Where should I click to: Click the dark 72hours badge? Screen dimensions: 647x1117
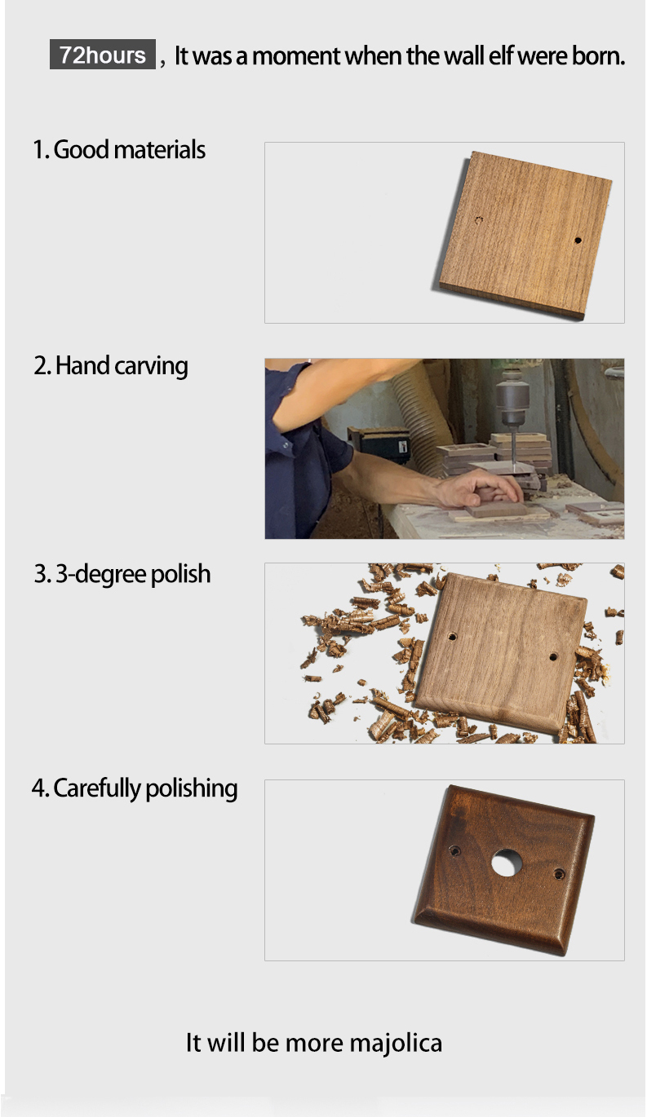point(102,55)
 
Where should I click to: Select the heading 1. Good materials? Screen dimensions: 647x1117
point(119,149)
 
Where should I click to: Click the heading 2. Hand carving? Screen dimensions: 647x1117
point(111,366)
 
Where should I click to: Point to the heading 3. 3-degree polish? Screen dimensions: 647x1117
point(122,574)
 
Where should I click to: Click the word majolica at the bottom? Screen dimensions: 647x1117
point(396,1043)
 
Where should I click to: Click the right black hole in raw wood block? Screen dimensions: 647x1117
point(578,241)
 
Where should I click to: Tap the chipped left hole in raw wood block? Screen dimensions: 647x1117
point(479,220)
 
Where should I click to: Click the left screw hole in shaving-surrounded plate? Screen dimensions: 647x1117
point(453,637)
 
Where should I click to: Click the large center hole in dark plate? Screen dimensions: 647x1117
point(507,862)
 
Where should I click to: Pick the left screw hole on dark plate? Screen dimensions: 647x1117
point(454,850)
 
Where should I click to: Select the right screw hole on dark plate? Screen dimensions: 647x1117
point(560,873)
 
